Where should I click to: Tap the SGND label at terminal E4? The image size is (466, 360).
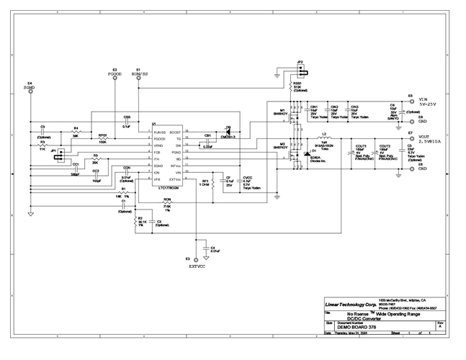coord(30,88)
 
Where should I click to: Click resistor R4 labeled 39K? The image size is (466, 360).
coord(76,133)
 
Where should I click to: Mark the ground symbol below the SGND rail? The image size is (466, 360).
coord(31,214)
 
